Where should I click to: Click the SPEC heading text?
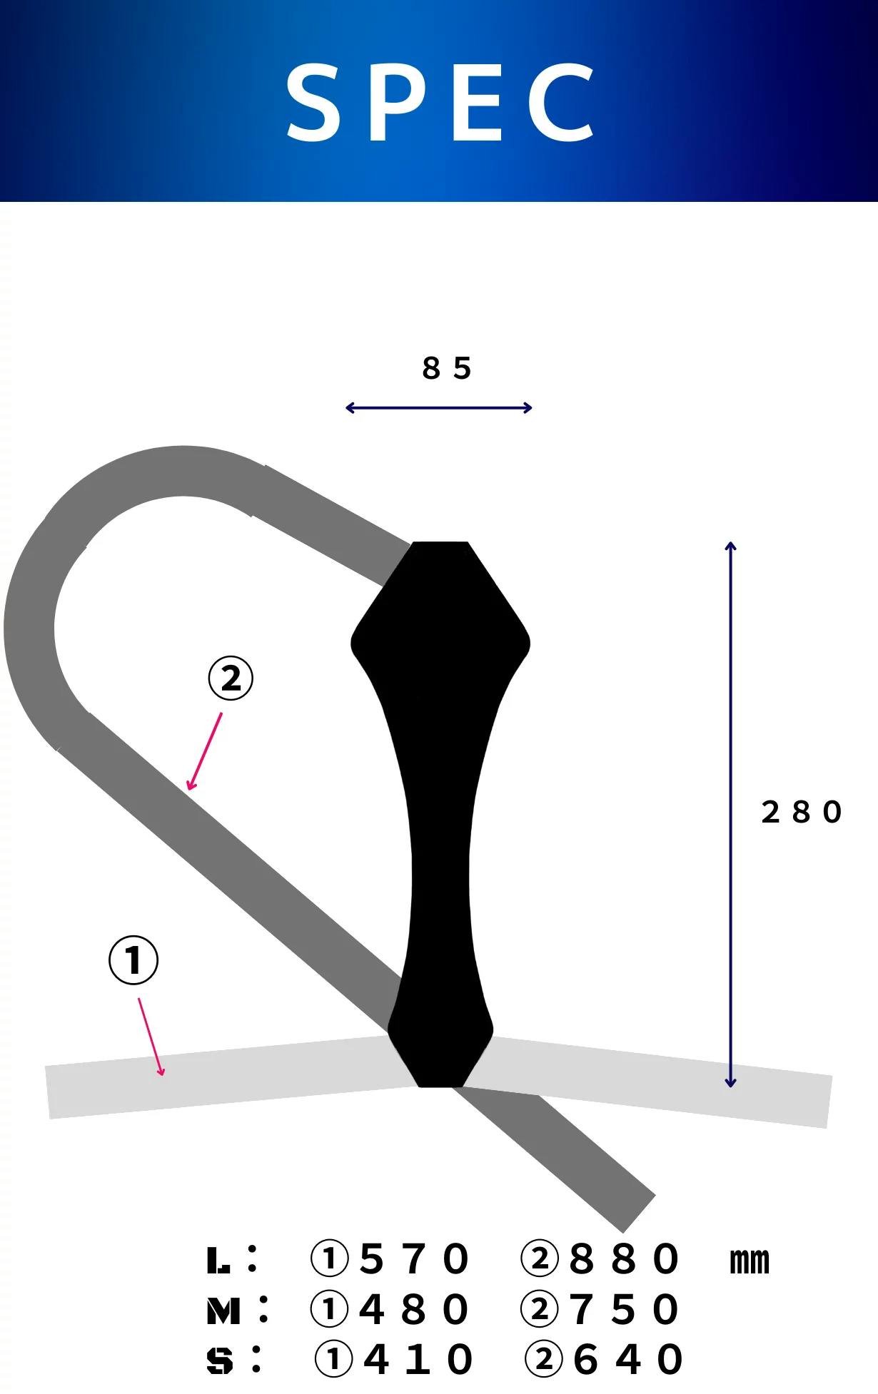[440, 101]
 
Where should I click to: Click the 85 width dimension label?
[447, 368]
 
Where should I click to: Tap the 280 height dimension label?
[802, 812]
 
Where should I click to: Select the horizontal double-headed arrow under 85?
[439, 408]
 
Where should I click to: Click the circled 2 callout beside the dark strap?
[231, 678]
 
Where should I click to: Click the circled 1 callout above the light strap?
[133, 960]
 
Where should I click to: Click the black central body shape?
[440, 813]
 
